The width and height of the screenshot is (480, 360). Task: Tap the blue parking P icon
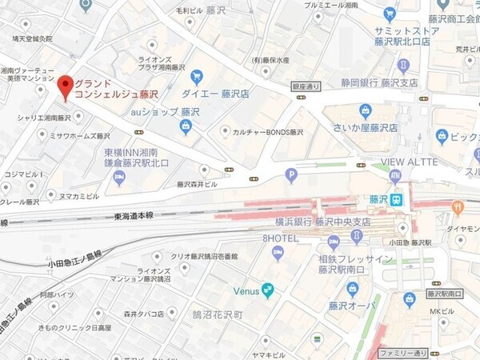291,174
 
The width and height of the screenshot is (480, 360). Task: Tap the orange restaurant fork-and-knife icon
458,206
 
